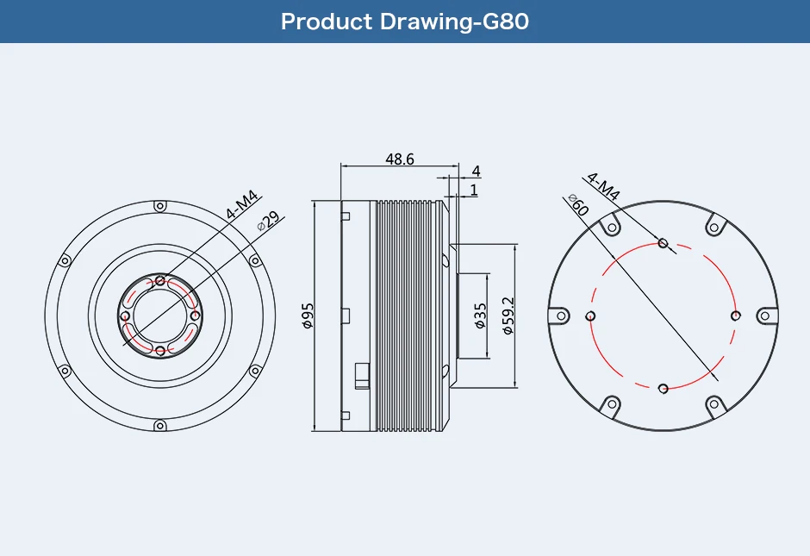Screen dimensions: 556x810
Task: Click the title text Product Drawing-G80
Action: tap(404, 22)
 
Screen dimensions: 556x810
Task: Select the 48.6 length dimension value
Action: tap(400, 159)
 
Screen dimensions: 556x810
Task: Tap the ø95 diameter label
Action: tap(308, 316)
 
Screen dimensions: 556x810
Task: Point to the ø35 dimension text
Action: tap(480, 316)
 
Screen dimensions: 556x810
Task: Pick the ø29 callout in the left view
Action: tap(268, 221)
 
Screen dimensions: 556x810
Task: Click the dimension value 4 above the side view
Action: tap(476, 172)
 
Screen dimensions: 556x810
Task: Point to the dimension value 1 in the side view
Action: tap(474, 190)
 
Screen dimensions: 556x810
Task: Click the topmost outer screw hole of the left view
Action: tap(159, 207)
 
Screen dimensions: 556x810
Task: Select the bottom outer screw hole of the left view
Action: tap(159, 426)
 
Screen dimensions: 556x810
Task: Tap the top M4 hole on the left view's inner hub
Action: tap(160, 281)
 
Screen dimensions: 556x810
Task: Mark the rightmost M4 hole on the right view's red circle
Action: tap(735, 315)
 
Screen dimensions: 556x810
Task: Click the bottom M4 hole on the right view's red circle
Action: tap(663, 389)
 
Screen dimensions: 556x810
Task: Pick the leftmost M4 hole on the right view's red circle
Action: tap(590, 316)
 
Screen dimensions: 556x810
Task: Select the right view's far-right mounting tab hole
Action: tap(763, 315)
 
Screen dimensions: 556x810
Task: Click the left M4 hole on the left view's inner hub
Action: tap(126, 316)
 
